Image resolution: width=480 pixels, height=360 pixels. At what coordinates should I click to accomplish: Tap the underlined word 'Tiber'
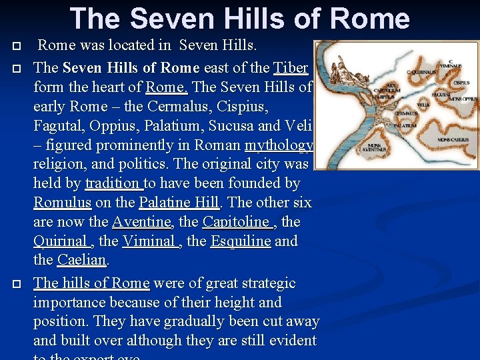291,68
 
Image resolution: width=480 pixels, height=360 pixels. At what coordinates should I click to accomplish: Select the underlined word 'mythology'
279,145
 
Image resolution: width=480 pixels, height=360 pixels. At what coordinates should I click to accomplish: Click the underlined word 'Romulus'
62,202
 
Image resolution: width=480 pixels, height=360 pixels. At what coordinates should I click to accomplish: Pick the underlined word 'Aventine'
141,221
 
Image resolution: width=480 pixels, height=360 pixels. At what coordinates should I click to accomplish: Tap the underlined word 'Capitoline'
237,221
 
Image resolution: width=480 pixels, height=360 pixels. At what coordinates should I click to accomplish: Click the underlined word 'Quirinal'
61,241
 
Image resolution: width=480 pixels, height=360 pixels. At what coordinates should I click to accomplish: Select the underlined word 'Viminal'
150,241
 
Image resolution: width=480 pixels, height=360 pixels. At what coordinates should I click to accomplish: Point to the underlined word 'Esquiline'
240,241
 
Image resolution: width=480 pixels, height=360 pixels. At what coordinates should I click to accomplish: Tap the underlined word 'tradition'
114,183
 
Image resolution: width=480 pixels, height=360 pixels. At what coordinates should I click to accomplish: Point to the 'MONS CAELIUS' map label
453,140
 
